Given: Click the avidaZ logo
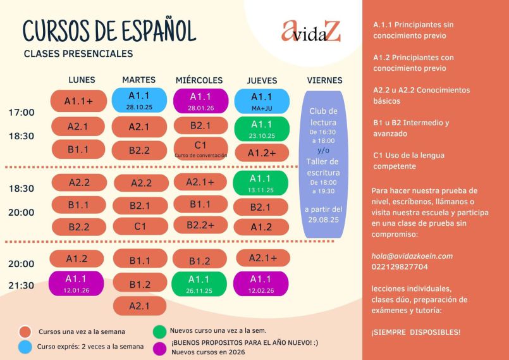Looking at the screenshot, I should pyautogui.click(x=311, y=31).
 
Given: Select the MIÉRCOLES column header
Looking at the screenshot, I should pyautogui.click(x=199, y=80).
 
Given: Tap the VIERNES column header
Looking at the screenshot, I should pyautogui.click(x=324, y=80).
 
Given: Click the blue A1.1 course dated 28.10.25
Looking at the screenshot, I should pyautogui.click(x=139, y=100).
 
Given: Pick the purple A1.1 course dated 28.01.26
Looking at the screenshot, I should pyautogui.click(x=200, y=101).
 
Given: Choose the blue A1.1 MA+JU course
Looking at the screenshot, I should pyautogui.click(x=261, y=101).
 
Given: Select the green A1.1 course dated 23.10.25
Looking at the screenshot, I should pyautogui.click(x=261, y=128).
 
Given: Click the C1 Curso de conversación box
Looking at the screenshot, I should pyautogui.click(x=200, y=148).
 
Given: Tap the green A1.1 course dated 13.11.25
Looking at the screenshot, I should pyautogui.click(x=261, y=183).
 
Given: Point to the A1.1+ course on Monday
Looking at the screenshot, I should pyautogui.click(x=78, y=101).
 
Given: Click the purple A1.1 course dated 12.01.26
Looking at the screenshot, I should pyautogui.click(x=77, y=283).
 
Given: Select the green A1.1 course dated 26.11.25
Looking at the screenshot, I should pyautogui.click(x=199, y=283).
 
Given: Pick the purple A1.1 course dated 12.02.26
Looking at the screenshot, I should pyautogui.click(x=261, y=283).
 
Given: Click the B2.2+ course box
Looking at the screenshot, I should pyautogui.click(x=200, y=225).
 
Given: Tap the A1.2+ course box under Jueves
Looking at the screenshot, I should pyautogui.click(x=262, y=153).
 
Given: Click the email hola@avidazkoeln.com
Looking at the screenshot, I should pyautogui.click(x=412, y=256).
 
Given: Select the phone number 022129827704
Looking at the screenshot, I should pyautogui.click(x=400, y=267).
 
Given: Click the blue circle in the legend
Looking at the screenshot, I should pyautogui.click(x=25, y=347).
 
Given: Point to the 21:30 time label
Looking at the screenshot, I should pyautogui.click(x=21, y=285).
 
